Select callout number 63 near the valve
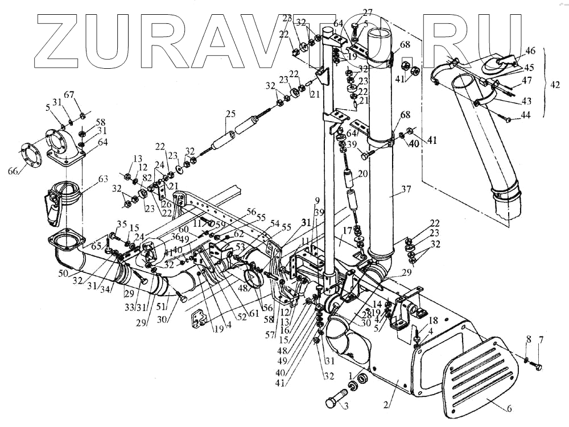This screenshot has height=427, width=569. (x=103, y=180)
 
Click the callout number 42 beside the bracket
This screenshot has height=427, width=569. (x=555, y=84)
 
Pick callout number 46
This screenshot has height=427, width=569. (x=530, y=51)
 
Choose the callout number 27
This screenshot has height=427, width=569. (x=368, y=12)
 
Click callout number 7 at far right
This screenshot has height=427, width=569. (x=541, y=339)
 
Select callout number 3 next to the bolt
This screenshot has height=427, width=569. (x=344, y=405)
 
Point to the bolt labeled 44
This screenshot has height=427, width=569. (x=507, y=119)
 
